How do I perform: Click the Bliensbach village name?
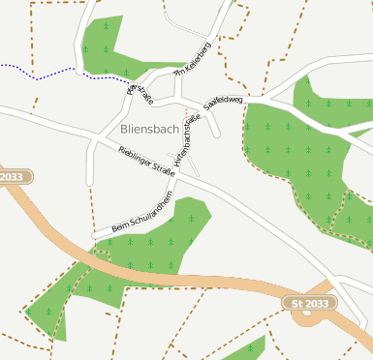(x=150, y=128)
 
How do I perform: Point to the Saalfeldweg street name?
(x=224, y=102)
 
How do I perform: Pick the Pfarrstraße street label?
(x=140, y=96)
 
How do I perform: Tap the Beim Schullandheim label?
(x=141, y=214)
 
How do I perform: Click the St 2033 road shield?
(x=310, y=303)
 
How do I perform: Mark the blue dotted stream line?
(x=39, y=75)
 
